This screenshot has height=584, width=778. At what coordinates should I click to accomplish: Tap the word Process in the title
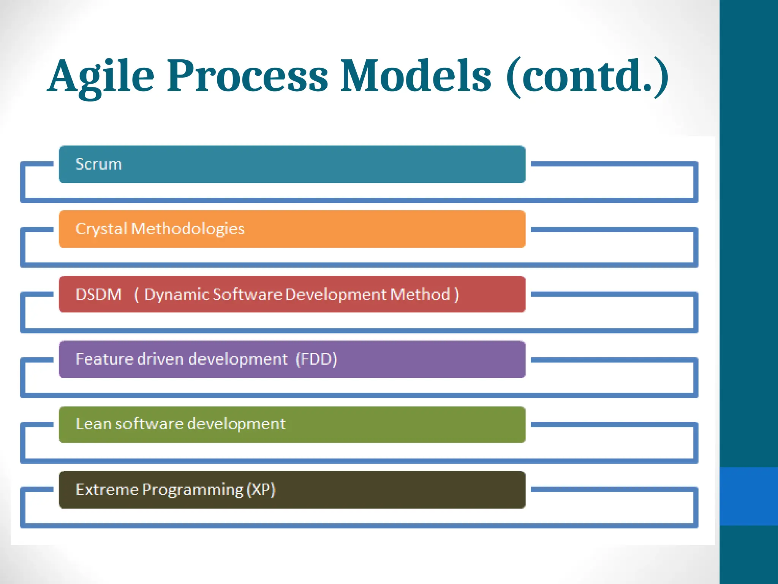click(x=247, y=76)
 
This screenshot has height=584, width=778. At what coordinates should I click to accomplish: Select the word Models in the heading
click(x=416, y=76)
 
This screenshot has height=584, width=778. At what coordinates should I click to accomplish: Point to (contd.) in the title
click(x=587, y=76)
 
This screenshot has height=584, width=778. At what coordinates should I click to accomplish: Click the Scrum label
click(x=99, y=164)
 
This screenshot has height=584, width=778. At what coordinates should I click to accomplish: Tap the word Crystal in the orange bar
click(x=101, y=229)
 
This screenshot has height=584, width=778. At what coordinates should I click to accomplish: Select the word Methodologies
click(x=188, y=229)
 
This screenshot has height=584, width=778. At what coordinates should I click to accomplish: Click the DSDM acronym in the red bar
click(x=99, y=295)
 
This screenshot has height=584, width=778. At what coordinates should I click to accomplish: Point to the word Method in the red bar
click(x=420, y=295)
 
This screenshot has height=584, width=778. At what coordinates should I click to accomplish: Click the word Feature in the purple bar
click(x=104, y=359)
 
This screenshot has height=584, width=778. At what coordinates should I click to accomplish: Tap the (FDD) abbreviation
click(x=316, y=359)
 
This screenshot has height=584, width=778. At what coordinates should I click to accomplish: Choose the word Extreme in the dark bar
click(x=107, y=490)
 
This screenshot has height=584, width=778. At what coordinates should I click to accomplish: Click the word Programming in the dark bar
click(x=193, y=490)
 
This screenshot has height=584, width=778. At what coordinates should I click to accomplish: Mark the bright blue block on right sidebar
click(x=748, y=496)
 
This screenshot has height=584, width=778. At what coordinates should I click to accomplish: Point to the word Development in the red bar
click(x=336, y=295)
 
